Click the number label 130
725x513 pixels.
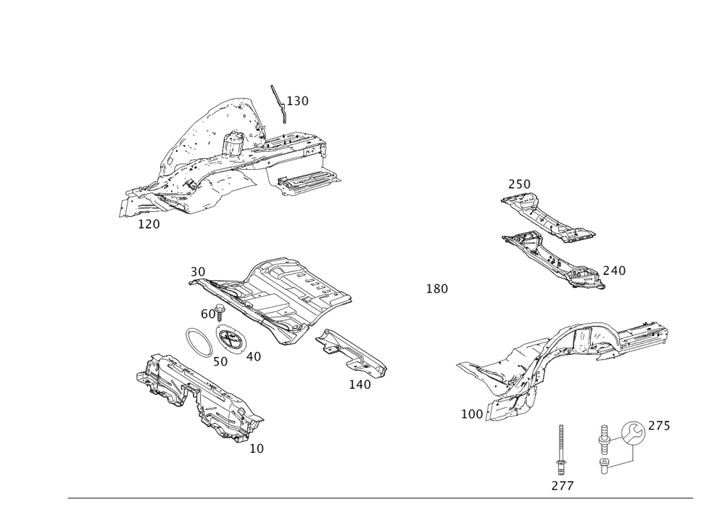click(298, 101)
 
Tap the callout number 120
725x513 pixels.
click(149, 224)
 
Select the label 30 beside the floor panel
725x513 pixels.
click(197, 271)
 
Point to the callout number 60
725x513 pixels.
click(208, 313)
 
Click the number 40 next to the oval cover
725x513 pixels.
click(253, 356)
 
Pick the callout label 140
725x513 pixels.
click(360, 385)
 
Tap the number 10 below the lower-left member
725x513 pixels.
click(257, 448)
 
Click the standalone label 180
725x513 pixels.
click(436, 289)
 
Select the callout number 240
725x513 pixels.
click(614, 271)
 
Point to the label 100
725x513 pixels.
click(472, 413)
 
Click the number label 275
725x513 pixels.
click(658, 425)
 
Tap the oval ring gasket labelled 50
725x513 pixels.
click(197, 342)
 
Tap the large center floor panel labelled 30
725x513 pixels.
click(290, 294)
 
